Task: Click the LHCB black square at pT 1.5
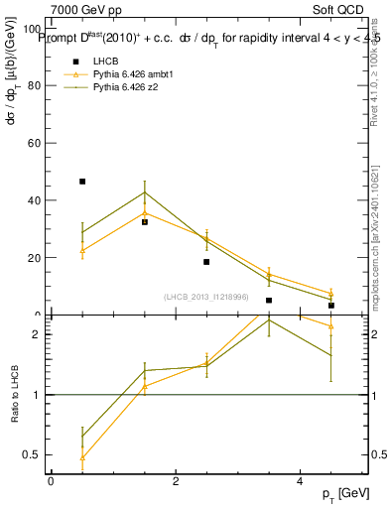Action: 145,222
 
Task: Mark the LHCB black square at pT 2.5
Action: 206,262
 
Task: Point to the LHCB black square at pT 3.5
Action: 269,300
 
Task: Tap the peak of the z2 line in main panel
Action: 145,192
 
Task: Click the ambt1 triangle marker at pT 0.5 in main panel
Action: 82,250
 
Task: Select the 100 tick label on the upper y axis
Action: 32,28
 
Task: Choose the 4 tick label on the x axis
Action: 301,480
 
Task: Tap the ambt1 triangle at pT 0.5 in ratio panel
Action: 82,457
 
